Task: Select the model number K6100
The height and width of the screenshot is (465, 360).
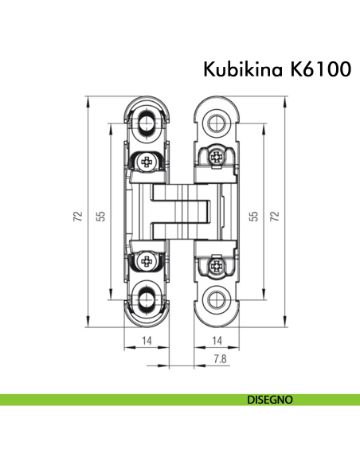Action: [319, 70]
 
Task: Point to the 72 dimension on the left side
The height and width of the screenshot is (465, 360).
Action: [78, 216]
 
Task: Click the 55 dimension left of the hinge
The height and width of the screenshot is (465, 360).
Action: [101, 216]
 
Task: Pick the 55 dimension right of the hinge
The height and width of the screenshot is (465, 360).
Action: [253, 216]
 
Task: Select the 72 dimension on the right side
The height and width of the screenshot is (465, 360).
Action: [275, 216]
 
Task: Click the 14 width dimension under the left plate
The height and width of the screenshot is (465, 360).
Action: [147, 340]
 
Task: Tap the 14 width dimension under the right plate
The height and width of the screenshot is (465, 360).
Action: [217, 340]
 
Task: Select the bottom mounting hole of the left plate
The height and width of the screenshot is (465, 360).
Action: [147, 298]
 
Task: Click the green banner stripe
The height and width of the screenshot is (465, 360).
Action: [119, 398]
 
